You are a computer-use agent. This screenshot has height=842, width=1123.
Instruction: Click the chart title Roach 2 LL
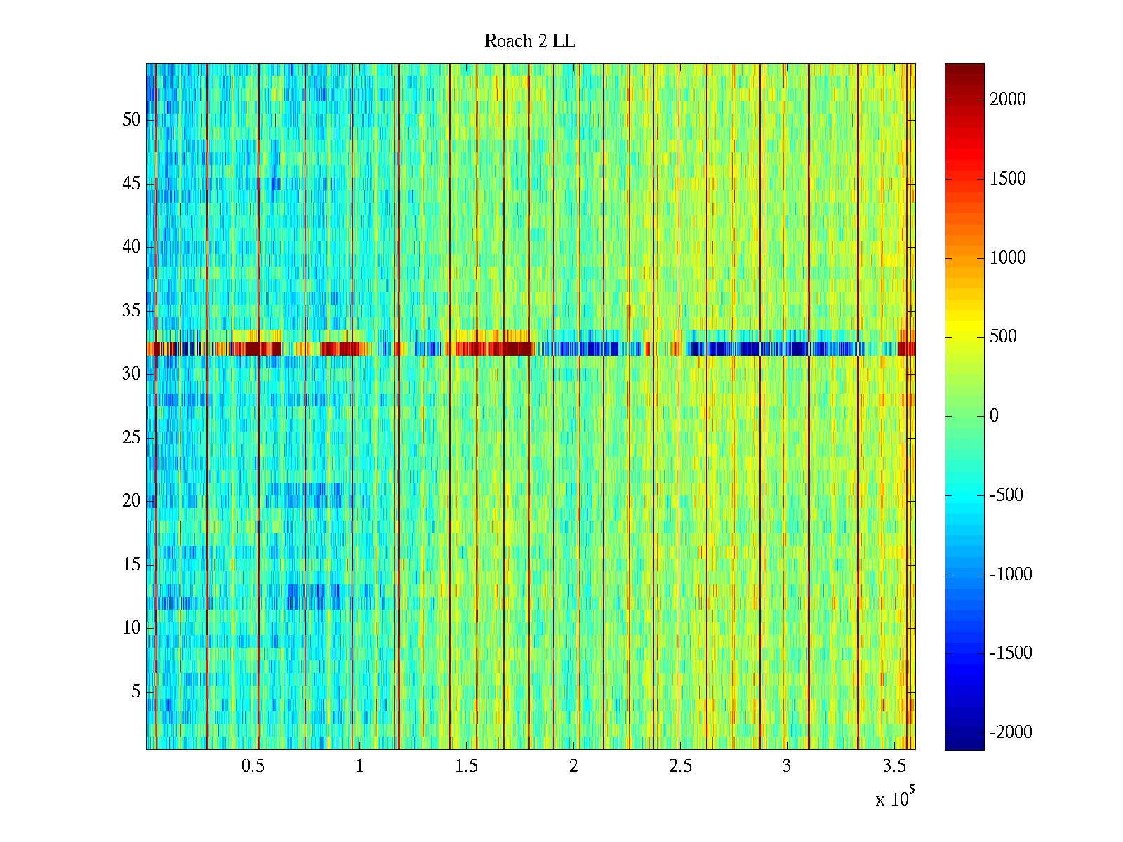point(529,41)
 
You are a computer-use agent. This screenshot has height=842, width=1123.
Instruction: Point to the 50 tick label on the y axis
point(131,119)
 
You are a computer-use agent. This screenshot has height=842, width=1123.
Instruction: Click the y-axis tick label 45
point(131,184)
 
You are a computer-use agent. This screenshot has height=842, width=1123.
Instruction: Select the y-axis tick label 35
point(131,310)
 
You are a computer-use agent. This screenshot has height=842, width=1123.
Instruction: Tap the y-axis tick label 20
point(131,501)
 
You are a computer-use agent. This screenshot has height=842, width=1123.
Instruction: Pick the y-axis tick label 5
point(135,692)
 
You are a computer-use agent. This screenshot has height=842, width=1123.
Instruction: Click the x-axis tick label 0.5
point(253,766)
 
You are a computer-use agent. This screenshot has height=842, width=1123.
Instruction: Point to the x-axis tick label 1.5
point(466,766)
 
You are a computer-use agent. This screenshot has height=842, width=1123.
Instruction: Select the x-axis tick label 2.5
point(679,766)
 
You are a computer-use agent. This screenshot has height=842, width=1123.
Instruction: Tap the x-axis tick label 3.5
point(893,766)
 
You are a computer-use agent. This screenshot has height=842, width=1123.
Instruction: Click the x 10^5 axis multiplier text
point(894,798)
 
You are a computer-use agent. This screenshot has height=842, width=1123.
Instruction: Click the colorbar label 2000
point(1007,100)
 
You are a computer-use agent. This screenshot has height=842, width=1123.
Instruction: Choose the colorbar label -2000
point(1010,733)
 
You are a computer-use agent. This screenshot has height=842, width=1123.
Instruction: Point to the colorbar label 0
point(994,416)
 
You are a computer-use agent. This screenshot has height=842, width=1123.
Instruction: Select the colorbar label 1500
point(1007,179)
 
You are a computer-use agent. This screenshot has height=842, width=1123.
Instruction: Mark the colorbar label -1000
point(1010,575)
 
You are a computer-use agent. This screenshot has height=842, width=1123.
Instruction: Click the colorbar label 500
point(1003,337)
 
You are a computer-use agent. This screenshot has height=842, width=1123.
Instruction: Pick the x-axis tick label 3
point(786,766)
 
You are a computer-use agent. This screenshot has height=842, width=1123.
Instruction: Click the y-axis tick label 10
point(131,628)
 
